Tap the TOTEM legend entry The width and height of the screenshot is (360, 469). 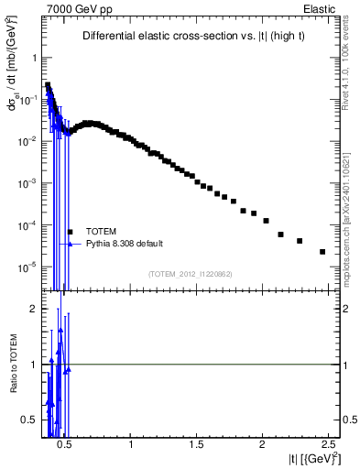pos(101,231)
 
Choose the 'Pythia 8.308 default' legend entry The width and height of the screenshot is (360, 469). pos(124,244)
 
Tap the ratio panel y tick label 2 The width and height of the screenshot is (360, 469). pos(30,309)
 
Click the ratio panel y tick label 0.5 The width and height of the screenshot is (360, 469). pos(27,420)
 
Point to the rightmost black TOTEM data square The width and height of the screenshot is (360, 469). pos(322,252)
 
